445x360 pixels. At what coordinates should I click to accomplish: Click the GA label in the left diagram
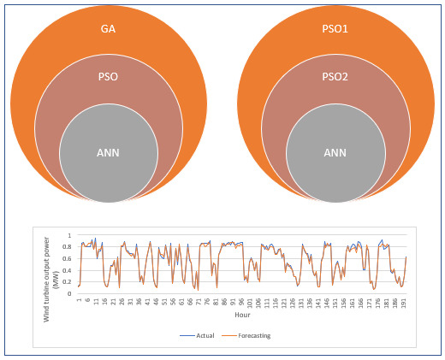[109, 30]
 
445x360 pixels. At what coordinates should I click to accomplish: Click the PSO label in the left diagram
[109, 75]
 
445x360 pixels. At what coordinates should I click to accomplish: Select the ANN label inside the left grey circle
[109, 154]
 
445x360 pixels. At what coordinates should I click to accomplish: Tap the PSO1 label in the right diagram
[335, 30]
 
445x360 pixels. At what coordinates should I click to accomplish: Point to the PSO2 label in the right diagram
[335, 75]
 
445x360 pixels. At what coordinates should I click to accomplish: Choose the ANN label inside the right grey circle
[335, 154]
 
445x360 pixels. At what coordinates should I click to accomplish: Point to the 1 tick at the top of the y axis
[70, 234]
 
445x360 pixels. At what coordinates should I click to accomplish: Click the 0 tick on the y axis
[70, 294]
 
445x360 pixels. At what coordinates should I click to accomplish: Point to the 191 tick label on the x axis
[404, 302]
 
